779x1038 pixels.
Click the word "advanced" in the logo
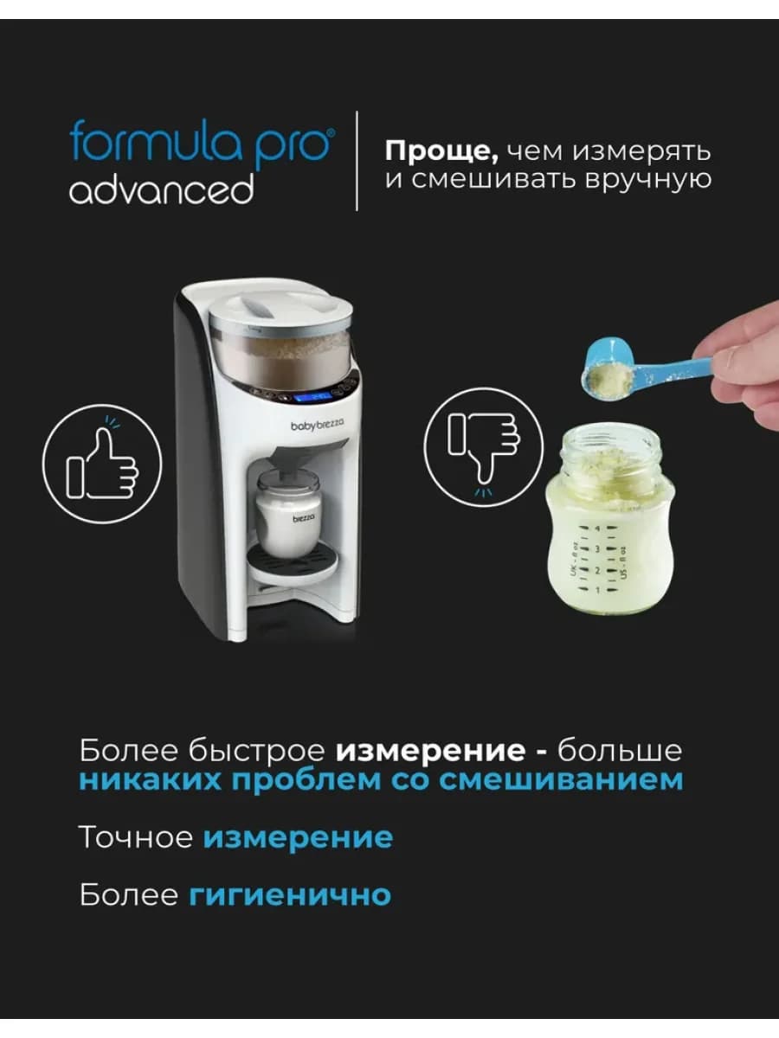pyautogui.click(x=161, y=189)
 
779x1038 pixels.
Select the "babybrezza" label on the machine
pyautogui.click(x=316, y=425)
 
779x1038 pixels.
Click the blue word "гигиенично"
pyautogui.click(x=290, y=894)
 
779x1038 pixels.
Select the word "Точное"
pyautogui.click(x=136, y=837)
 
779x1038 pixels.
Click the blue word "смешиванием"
pyautogui.click(x=561, y=779)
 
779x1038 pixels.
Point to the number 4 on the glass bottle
pyautogui.click(x=596, y=528)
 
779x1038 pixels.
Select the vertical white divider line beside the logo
pyautogui.click(x=357, y=160)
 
